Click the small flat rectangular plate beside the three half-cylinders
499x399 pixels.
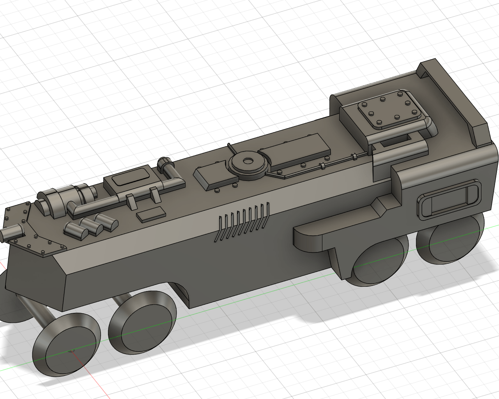click(151, 213)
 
